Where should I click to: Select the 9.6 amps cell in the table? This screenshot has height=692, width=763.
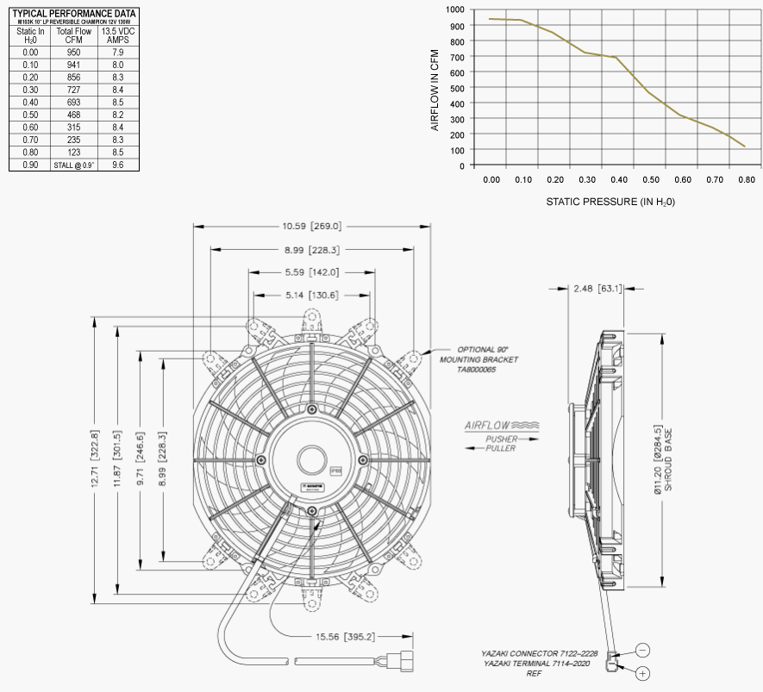point(118,164)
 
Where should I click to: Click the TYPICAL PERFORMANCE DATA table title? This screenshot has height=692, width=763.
point(73,14)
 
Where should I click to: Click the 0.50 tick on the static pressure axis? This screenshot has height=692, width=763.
point(651,179)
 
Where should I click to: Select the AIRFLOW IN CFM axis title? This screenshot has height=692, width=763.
point(435,87)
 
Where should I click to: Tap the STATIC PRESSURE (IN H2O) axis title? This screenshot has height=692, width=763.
point(610,202)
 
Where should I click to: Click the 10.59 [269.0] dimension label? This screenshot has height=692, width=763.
point(312,227)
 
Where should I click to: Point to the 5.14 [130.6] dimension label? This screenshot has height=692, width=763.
point(312,295)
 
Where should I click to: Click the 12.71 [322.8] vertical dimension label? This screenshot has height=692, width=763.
point(96,460)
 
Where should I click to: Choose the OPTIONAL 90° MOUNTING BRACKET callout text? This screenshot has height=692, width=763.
point(479,358)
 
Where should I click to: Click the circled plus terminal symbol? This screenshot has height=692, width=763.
point(643,672)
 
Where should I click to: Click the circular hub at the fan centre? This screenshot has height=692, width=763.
point(311,458)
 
